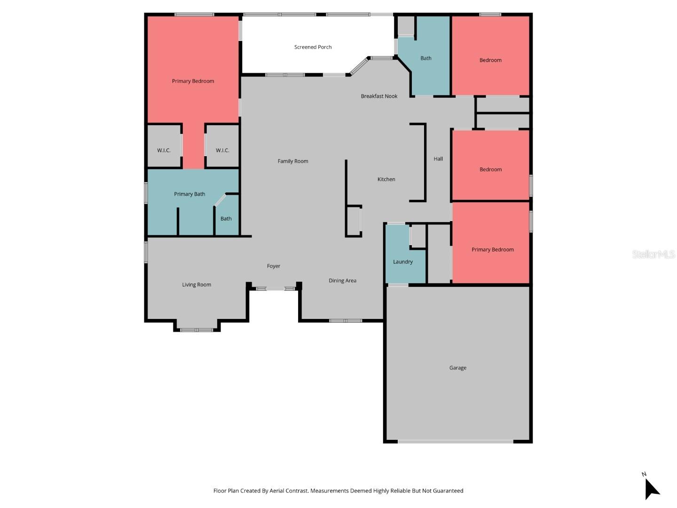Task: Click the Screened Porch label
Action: pos(313,47)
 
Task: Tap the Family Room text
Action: pos(292,161)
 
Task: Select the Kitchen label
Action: pos(386,179)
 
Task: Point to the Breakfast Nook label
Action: pos(379,96)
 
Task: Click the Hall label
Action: pos(438,159)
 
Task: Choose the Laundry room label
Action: pos(402,262)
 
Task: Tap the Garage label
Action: pos(457,368)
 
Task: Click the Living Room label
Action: pos(197,285)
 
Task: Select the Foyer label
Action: pos(273,266)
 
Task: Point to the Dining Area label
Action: pos(342,281)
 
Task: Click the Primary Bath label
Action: pos(189,194)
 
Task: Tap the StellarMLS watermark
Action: pos(653,254)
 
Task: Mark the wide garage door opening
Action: pos(455,442)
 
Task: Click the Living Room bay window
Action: pos(197,330)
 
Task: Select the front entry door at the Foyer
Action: pos(276,288)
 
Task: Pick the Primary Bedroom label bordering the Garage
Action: pos(492,250)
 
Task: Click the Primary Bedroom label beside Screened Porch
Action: pos(193,81)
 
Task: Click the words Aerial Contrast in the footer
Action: pos(289,491)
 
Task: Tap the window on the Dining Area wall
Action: pos(346,321)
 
